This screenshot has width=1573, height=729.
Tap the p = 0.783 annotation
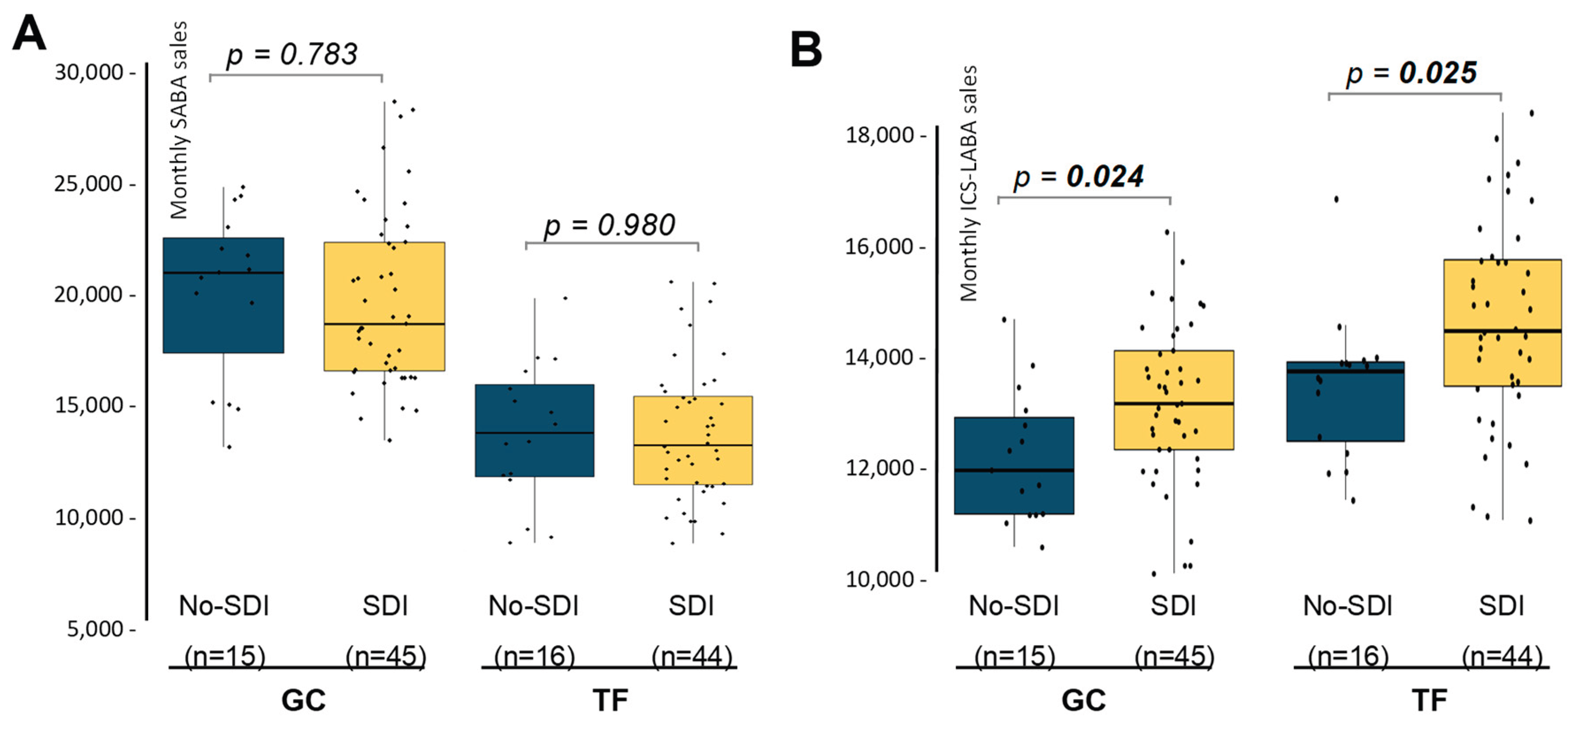click(x=292, y=54)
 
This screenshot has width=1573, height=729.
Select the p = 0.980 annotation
click(x=609, y=225)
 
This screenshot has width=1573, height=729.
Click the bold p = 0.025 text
click(x=1411, y=73)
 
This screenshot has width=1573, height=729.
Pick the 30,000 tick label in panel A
click(x=89, y=73)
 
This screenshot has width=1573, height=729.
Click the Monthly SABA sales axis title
click(x=179, y=120)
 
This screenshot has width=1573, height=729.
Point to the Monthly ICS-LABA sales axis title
click(x=968, y=183)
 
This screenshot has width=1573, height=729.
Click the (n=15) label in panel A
click(x=225, y=656)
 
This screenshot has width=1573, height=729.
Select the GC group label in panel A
click(x=303, y=700)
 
